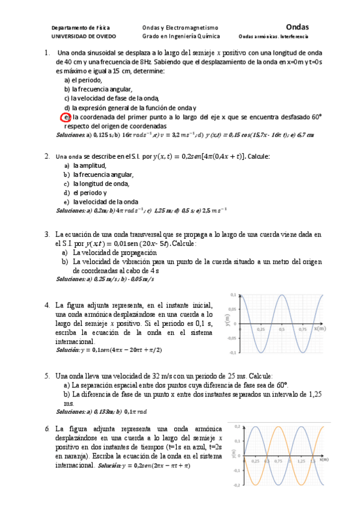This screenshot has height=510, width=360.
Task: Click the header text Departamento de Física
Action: pyautogui.click(x=81, y=28)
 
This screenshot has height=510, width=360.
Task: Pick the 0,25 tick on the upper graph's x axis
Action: pyautogui.click(x=261, y=330)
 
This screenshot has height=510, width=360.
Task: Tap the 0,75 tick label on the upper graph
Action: pyautogui.click(x=302, y=330)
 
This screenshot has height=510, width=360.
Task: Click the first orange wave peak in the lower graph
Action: pyautogui.click(x=279, y=427)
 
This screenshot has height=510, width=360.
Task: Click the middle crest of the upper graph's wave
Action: pyautogui.click(x=281, y=295)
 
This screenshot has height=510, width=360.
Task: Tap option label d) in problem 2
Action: pyautogui.click(x=67, y=192)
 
